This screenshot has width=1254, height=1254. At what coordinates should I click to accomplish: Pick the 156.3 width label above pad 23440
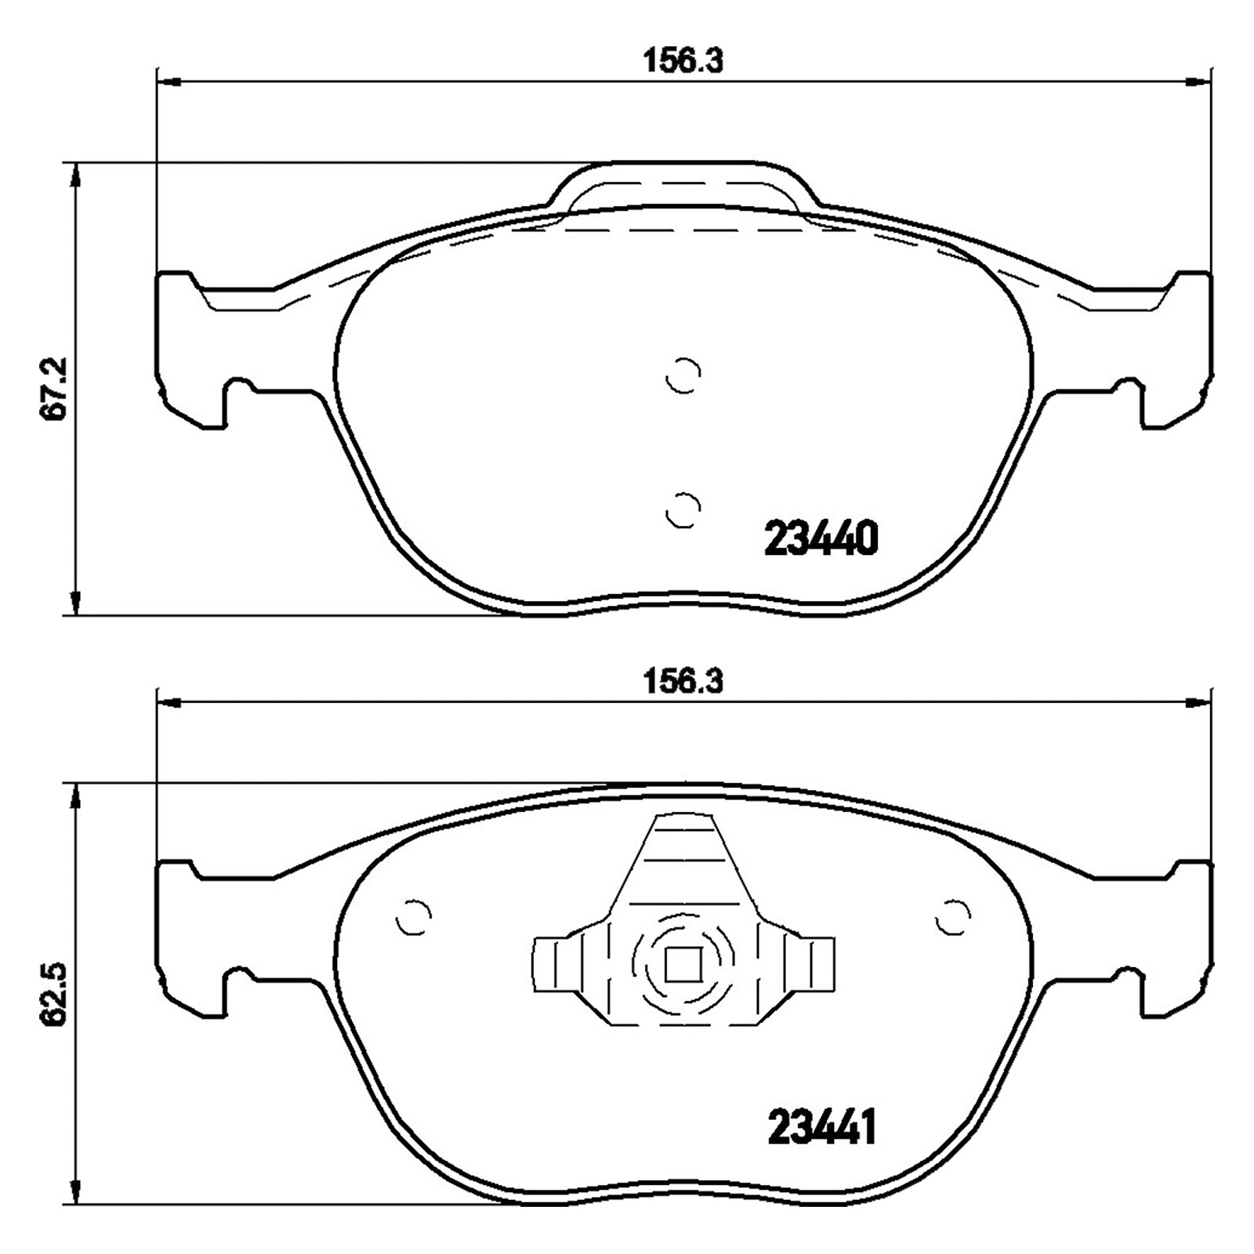pos(683,60)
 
